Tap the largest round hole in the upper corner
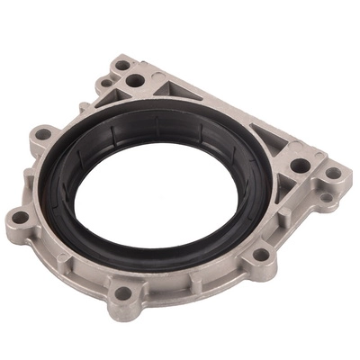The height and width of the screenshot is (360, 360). click(136, 80)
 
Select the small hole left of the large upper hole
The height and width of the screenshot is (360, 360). click(108, 83)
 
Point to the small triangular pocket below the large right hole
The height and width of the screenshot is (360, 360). click(286, 185)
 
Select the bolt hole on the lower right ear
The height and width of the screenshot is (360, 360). click(261, 255)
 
